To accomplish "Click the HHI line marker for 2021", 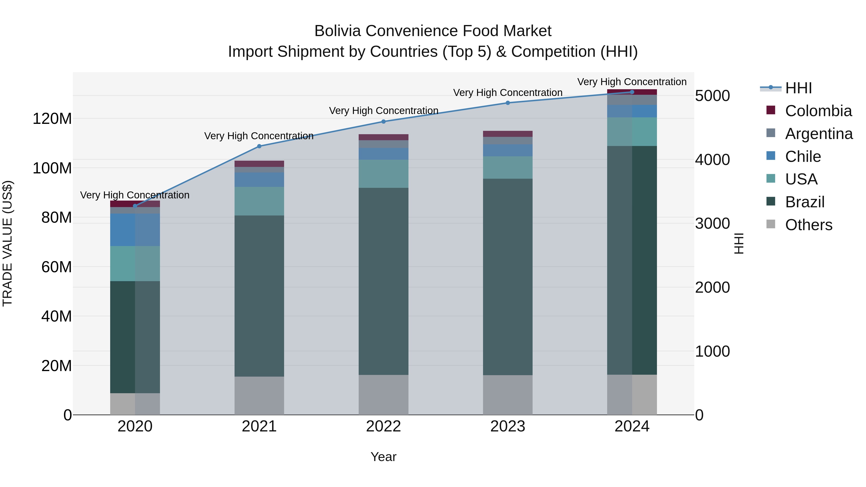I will coord(259,146).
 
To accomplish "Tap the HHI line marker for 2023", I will coord(508,103).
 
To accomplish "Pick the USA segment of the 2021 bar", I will coord(259,201).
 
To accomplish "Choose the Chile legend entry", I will coord(803,156).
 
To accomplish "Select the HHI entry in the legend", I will coord(798,88).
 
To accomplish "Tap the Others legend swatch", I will coord(770,224).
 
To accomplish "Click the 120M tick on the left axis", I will coord(52,119).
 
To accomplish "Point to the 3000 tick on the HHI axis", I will coord(712,223).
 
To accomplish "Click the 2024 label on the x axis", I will coord(632,426).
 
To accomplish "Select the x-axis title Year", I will coord(383,457).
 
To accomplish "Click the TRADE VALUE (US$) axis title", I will coord(7,243).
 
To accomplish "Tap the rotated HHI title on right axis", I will coord(739,243).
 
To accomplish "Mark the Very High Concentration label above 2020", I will coord(134,195).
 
